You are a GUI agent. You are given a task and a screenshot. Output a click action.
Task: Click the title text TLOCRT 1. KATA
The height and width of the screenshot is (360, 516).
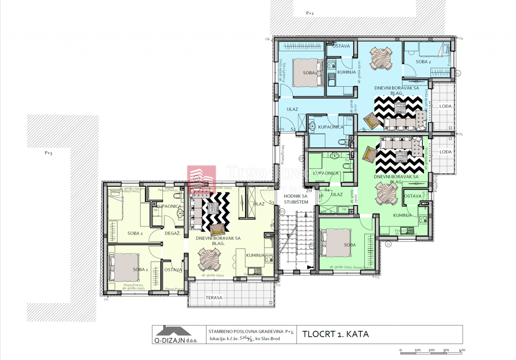[335, 334]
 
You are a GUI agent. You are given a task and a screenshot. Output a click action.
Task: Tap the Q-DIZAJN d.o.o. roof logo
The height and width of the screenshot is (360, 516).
[173, 331]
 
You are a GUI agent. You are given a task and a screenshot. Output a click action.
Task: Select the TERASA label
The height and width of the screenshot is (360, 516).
[214, 297]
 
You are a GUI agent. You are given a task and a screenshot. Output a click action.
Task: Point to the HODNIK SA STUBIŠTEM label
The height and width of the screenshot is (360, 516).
[296, 199]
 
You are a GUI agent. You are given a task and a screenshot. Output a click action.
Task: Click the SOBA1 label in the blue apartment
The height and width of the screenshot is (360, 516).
[310, 73]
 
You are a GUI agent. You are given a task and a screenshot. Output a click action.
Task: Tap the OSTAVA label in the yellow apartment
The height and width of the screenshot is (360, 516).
[173, 270]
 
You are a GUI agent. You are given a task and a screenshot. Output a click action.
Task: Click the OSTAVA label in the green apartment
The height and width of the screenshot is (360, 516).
[413, 196]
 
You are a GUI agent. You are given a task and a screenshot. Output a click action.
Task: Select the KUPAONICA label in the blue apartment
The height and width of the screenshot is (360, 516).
[330, 127]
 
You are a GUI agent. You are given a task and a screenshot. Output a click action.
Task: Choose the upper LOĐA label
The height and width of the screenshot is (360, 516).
[445, 106]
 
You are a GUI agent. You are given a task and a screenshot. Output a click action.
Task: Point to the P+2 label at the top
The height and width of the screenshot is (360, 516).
[310, 13]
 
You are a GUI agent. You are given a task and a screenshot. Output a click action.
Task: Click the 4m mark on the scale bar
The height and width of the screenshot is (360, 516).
[462, 350]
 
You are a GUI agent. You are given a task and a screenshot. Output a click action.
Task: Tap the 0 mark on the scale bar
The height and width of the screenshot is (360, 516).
[400, 350]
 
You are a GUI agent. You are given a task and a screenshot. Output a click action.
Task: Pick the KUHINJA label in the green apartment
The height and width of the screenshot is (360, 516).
[402, 215]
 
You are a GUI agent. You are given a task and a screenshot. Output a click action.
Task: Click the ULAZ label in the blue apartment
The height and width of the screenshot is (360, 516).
[292, 110]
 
